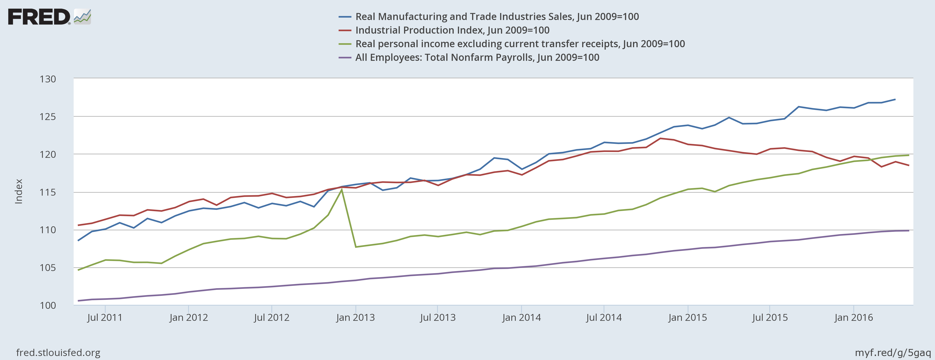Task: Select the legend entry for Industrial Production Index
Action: (452, 30)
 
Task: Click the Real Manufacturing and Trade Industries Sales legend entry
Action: (497, 17)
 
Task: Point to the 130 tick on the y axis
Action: (48, 79)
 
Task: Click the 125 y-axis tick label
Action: (48, 117)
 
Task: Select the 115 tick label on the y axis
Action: (48, 192)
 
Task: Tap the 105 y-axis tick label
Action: (48, 268)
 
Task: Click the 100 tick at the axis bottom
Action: (48, 306)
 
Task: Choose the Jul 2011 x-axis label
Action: (104, 318)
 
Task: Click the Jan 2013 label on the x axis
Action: (355, 318)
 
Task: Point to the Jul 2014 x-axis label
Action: (604, 318)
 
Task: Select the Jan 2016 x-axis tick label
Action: (853, 318)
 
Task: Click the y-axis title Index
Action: (18, 191)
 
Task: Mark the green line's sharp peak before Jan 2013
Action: (342, 189)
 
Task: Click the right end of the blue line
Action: (895, 99)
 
